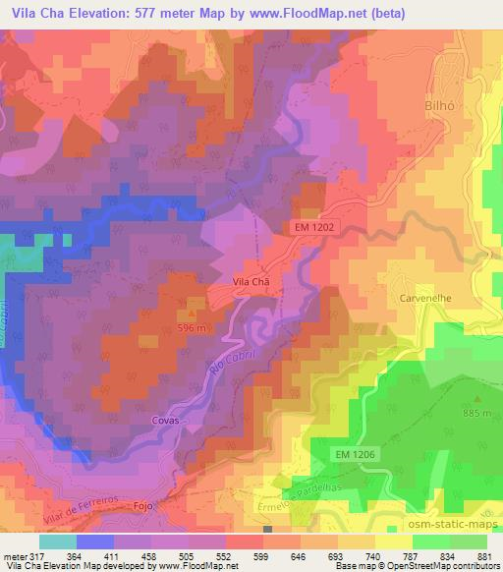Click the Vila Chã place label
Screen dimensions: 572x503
pyautogui.click(x=250, y=280)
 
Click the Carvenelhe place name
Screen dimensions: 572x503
pyautogui.click(x=424, y=295)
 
